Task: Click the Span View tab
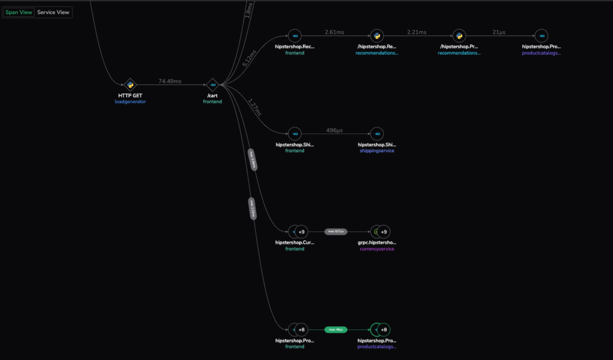pos(19,12)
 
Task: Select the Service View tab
pos(53,12)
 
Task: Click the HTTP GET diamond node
pos(130,85)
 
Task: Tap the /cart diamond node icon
pos(213,85)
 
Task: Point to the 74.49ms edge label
pos(171,81)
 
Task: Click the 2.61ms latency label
pos(335,32)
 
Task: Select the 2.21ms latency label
pos(416,32)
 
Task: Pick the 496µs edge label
pos(335,130)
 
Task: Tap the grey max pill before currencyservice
pos(336,231)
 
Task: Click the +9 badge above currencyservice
pos(384,231)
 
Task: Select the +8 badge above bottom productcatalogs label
pos(384,329)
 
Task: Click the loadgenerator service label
pos(130,102)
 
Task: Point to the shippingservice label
pos(376,151)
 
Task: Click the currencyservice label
pos(376,249)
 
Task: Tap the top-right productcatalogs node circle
pos(541,36)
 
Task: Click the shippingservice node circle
pos(377,134)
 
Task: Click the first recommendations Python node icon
pos(376,36)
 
